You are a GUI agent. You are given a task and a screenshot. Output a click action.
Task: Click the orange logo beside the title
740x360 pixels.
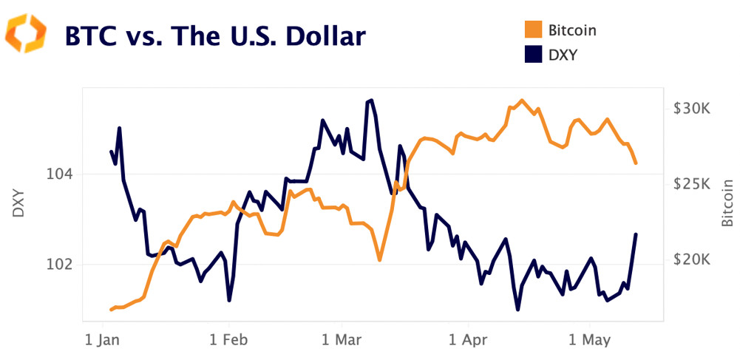[27, 35]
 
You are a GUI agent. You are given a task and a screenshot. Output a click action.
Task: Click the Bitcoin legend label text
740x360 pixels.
[572, 30]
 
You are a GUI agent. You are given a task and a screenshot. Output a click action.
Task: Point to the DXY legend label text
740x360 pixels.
[563, 54]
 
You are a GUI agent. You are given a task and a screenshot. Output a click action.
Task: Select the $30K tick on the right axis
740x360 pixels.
[692, 109]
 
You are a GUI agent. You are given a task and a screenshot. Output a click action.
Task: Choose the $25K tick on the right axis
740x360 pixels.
[692, 184]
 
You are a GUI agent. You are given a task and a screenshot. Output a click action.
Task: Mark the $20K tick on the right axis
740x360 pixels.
[692, 260]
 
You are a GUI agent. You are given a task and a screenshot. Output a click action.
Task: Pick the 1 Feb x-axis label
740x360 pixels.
[229, 341]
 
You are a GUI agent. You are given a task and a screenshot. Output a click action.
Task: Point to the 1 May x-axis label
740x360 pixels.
[589, 341]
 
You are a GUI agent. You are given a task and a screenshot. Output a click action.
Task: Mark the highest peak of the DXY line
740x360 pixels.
[370, 101]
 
